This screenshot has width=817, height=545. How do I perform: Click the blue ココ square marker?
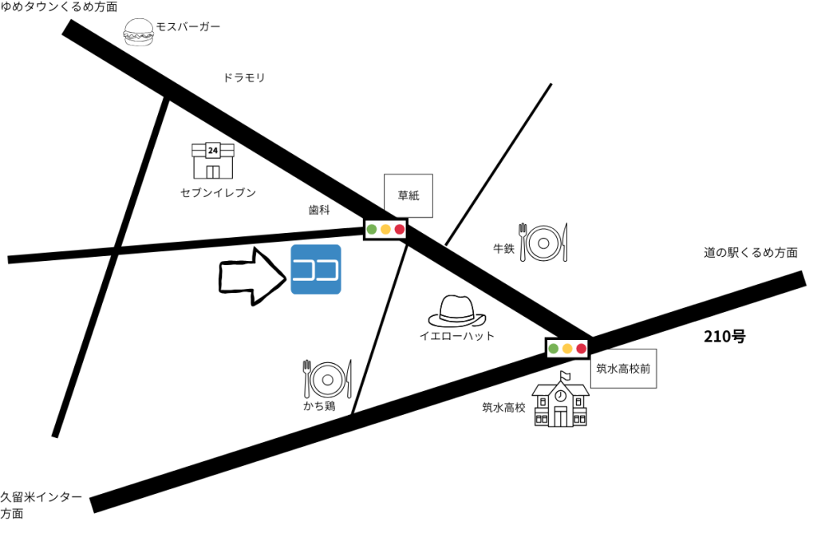[316, 270]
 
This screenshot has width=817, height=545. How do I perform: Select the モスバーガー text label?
[187, 27]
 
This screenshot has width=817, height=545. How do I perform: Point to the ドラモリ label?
[244, 78]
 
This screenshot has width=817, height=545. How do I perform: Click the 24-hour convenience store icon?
[212, 160]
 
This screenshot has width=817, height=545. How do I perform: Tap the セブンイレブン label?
[219, 193]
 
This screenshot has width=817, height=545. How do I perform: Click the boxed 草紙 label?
[408, 196]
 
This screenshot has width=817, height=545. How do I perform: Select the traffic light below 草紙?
[385, 230]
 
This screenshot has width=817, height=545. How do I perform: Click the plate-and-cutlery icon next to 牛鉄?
[544, 241]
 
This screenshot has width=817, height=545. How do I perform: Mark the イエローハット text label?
[457, 336]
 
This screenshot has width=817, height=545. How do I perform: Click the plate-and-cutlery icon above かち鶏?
[327, 378]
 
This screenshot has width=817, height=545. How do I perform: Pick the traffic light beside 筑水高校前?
[567, 348]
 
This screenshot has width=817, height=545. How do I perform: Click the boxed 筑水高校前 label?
[624, 369]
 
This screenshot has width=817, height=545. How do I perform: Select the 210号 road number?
[724, 336]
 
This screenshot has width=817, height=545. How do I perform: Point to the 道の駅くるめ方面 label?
[750, 253]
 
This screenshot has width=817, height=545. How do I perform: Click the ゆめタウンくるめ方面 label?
[59, 7]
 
